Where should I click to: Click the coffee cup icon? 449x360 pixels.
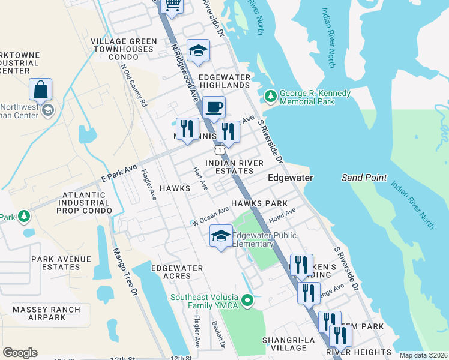pos(214,108)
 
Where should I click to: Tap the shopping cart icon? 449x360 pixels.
pos(173,6)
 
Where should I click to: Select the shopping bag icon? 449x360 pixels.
pos(40,90)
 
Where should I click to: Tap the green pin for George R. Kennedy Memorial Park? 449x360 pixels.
pos(270,96)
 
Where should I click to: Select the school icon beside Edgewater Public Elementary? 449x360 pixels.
pos(221,236)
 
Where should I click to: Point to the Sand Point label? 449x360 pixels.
pos(364,178)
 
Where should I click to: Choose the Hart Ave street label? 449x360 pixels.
pos(200,178)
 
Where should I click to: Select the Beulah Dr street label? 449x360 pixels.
pos(218,334)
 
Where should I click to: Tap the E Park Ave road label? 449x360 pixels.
pos(119,172)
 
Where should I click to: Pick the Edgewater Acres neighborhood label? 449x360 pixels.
pos(177,272)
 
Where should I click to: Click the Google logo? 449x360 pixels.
pos(20,353)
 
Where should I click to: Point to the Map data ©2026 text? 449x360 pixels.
pos(423,355)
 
